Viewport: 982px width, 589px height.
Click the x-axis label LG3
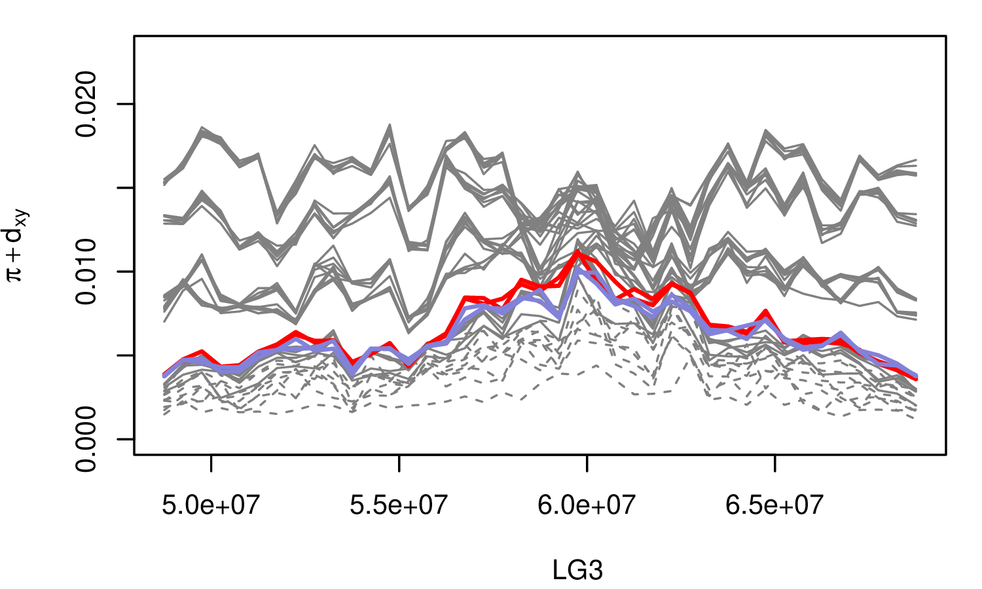point(577,571)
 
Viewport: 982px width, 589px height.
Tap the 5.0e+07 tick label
point(211,505)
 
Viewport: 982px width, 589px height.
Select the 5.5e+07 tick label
point(399,505)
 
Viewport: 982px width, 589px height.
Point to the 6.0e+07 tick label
point(587,505)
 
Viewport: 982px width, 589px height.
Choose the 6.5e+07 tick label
point(774,505)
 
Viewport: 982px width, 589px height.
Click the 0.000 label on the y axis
point(87,438)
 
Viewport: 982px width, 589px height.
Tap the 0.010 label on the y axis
point(87,272)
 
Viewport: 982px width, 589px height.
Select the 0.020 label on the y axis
point(87,104)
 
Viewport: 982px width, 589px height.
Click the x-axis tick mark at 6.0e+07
point(587,462)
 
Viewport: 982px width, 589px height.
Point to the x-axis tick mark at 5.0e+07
point(211,462)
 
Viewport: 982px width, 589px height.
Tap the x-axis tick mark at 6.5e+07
point(774,462)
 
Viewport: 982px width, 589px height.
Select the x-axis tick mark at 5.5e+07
point(399,462)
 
